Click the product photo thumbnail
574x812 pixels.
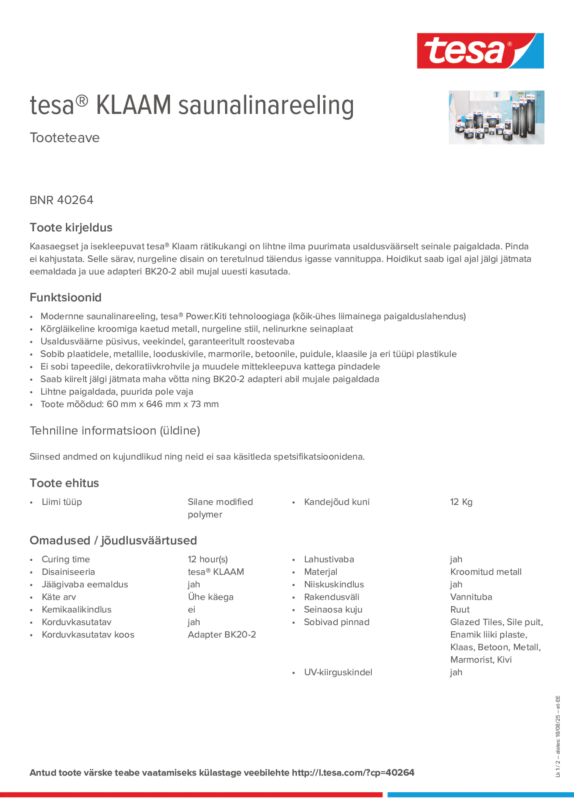pyautogui.click(x=496, y=117)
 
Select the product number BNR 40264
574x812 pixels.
pyautogui.click(x=61, y=200)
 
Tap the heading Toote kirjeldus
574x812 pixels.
pyautogui.click(x=71, y=227)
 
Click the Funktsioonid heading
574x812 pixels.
pyautogui.click(x=65, y=297)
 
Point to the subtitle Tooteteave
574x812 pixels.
pyautogui.click(x=64, y=138)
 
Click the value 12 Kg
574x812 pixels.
pyautogui.click(x=461, y=502)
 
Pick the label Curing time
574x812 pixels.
pyautogui.click(x=66, y=559)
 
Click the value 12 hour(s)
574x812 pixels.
pyautogui.click(x=208, y=559)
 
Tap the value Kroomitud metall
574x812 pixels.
pyautogui.click(x=485, y=572)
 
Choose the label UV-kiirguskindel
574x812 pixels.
pyautogui.click(x=338, y=672)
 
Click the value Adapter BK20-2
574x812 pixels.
pyautogui.click(x=221, y=634)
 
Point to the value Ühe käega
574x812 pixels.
pyautogui.click(x=210, y=597)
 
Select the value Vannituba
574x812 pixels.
pyautogui.click(x=471, y=597)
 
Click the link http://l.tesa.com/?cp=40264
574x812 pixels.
pyautogui.click(x=353, y=772)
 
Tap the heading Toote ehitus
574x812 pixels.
pyautogui.click(x=64, y=483)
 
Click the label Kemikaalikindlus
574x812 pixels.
pyautogui.click(x=76, y=609)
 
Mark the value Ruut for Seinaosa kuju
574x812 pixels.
pyautogui.click(x=460, y=609)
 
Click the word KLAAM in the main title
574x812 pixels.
pyautogui.click(x=134, y=105)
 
